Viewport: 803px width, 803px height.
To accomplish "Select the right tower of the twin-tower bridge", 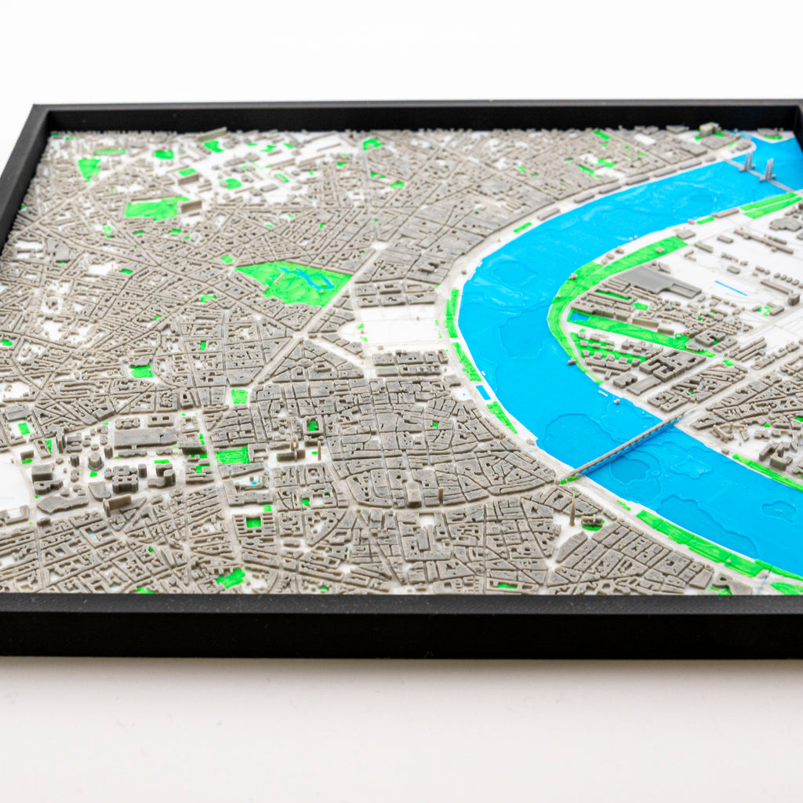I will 768,169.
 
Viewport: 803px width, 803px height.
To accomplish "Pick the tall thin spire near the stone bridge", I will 573,509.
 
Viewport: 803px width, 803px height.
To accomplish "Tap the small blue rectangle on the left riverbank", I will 483,391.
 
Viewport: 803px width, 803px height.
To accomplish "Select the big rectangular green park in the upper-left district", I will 153,209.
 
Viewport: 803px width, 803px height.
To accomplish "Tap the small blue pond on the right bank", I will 578,318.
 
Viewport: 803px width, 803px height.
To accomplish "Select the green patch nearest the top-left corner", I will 89,167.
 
